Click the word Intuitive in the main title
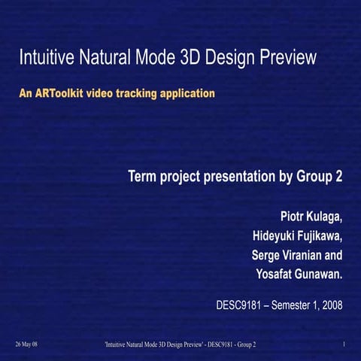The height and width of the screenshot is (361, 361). (44, 57)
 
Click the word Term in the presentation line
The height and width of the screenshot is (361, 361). (144, 177)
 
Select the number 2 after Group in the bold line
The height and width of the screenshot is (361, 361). (339, 177)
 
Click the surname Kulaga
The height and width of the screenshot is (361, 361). (324, 218)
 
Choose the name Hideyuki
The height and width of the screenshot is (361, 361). (265, 237)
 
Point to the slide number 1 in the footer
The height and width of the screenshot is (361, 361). (343, 344)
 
